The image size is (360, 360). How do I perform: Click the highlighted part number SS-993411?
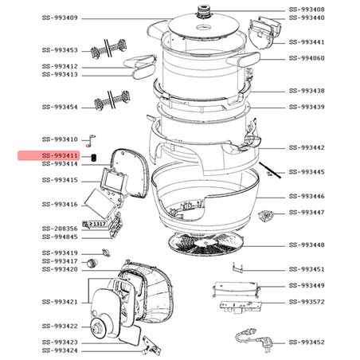60,155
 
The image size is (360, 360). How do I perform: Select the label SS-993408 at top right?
306,10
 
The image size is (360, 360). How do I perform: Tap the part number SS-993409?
60,18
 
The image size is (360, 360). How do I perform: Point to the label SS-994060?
306,58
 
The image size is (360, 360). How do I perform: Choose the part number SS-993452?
306,342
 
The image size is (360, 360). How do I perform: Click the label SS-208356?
60,229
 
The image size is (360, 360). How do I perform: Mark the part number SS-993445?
306,172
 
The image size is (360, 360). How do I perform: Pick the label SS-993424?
60,350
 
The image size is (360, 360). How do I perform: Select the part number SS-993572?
306,302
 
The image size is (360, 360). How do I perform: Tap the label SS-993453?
60,49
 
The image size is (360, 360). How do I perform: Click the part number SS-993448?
306,245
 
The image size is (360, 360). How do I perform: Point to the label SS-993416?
60,205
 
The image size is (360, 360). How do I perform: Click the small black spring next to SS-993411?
94,156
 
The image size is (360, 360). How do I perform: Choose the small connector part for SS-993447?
266,215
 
